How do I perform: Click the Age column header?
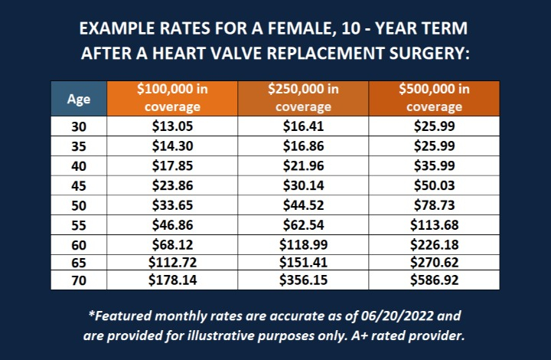click(x=79, y=98)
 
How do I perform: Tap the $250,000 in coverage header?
click(x=303, y=98)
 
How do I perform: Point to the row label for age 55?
click(x=79, y=226)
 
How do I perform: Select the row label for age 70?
click(x=79, y=280)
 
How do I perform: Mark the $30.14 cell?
click(x=303, y=186)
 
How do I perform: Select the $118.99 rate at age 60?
click(x=303, y=246)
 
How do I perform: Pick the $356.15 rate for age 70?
click(x=303, y=280)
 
